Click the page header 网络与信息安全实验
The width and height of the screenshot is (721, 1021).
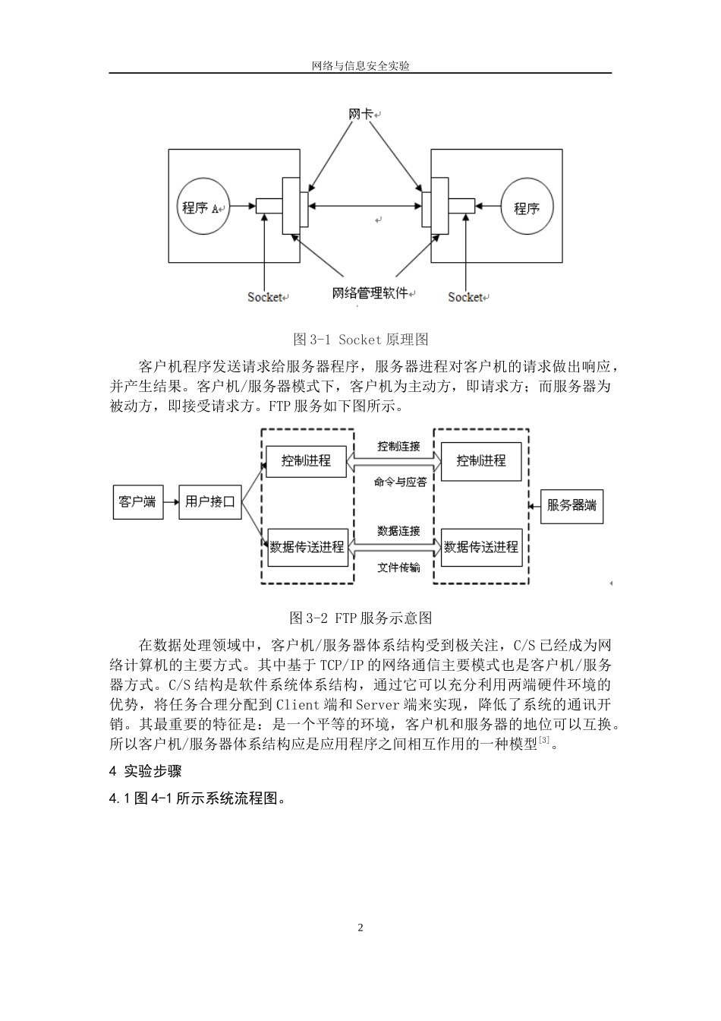coord(360,66)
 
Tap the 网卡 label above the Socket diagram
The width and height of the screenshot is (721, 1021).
coord(360,114)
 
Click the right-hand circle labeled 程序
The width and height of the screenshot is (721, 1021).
coord(527,207)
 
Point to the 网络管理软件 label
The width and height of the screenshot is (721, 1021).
coord(370,293)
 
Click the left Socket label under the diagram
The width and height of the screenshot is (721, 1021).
coord(265,297)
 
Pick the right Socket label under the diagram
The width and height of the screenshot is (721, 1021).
coord(465,297)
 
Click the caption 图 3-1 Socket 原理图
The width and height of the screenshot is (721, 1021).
coord(360,339)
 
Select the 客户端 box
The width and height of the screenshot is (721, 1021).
coord(137,501)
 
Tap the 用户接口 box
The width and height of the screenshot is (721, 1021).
coord(210,501)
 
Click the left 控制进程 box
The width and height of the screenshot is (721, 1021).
coord(306,460)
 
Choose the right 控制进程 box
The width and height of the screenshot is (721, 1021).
coord(481,460)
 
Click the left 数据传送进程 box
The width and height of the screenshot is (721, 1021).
coord(307,547)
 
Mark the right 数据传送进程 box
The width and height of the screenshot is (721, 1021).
coord(481,547)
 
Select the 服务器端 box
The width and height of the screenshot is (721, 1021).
coord(571,505)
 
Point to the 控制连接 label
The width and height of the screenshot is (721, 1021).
coord(398,446)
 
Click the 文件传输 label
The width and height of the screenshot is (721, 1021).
coord(398,567)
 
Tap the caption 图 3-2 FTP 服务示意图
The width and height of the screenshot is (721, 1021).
coord(360,617)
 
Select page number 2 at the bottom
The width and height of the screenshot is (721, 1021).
coord(360,928)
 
